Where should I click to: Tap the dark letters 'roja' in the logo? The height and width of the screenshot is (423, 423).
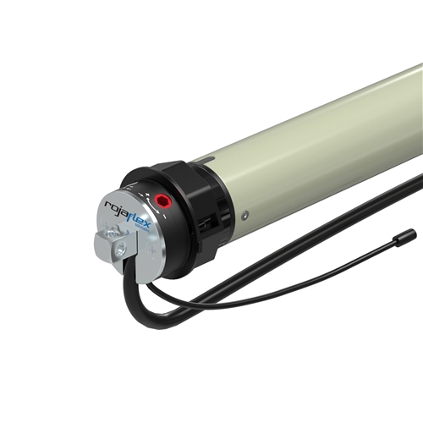(x=116, y=208)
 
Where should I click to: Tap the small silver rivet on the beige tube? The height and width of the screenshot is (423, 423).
(x=244, y=216)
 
